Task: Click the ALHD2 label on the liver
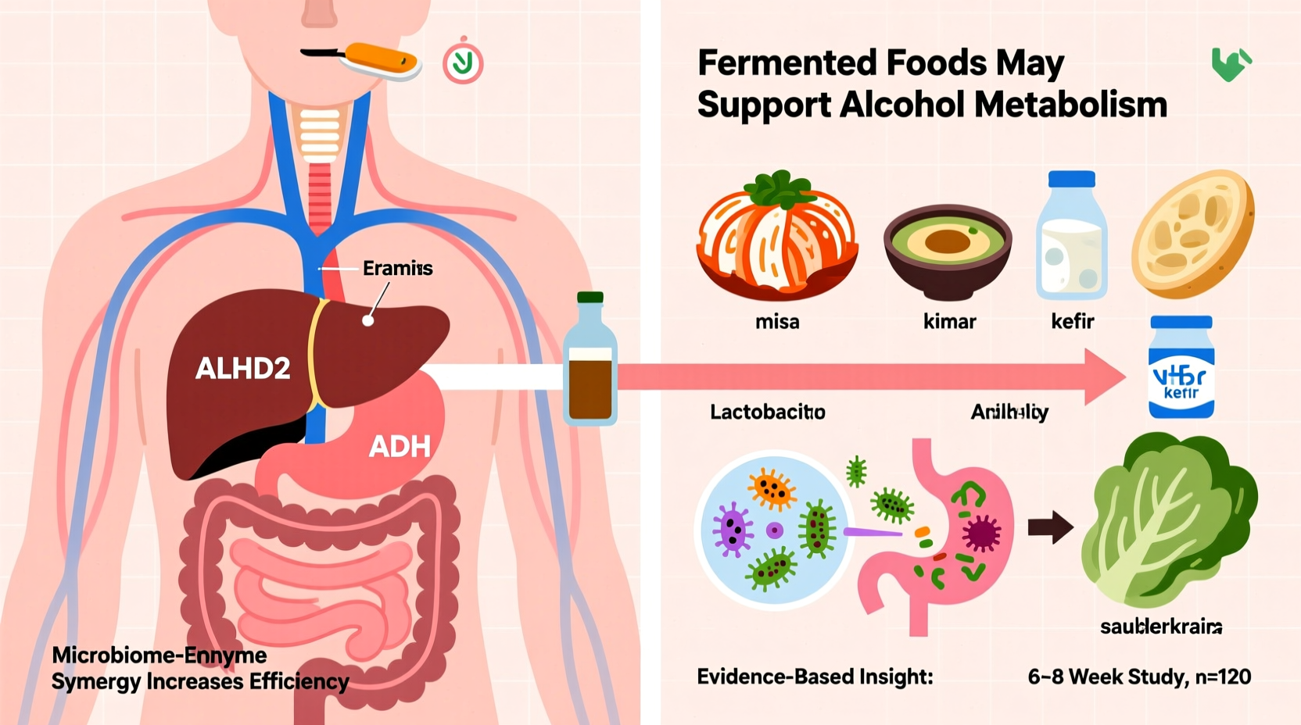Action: (x=242, y=368)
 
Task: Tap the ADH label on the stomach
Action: (x=400, y=446)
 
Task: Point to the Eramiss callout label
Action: (x=397, y=268)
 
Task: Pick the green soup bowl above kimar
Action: (x=948, y=249)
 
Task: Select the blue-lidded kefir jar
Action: (x=1181, y=367)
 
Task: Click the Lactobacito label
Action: (x=767, y=412)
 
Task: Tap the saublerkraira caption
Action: (x=1161, y=627)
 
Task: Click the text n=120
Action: (x=1223, y=677)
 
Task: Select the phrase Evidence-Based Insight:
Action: (x=815, y=677)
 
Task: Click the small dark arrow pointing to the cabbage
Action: (x=1050, y=527)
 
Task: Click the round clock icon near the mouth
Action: (x=463, y=63)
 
